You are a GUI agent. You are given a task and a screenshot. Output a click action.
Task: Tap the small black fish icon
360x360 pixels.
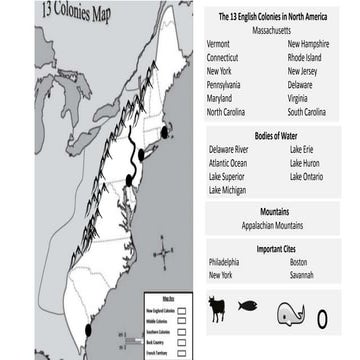pos(247,306)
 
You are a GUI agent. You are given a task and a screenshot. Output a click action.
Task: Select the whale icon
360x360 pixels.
pos(290,314)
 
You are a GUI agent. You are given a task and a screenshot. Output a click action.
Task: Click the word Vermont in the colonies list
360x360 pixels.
pos(218,45)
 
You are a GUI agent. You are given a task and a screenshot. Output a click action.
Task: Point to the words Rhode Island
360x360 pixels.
pos(306,58)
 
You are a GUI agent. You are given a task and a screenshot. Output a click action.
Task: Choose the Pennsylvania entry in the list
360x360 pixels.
pos(224,85)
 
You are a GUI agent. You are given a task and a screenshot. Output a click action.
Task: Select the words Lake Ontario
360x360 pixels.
pos(305,176)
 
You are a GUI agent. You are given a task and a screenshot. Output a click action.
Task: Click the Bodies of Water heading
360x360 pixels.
pos(265,134)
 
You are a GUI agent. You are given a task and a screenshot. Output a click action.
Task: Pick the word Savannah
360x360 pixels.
pos(302,275)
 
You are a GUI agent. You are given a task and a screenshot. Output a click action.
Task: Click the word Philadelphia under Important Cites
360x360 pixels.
pos(224,262)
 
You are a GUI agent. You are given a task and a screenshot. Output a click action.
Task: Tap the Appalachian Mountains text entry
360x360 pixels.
pos(266,226)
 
